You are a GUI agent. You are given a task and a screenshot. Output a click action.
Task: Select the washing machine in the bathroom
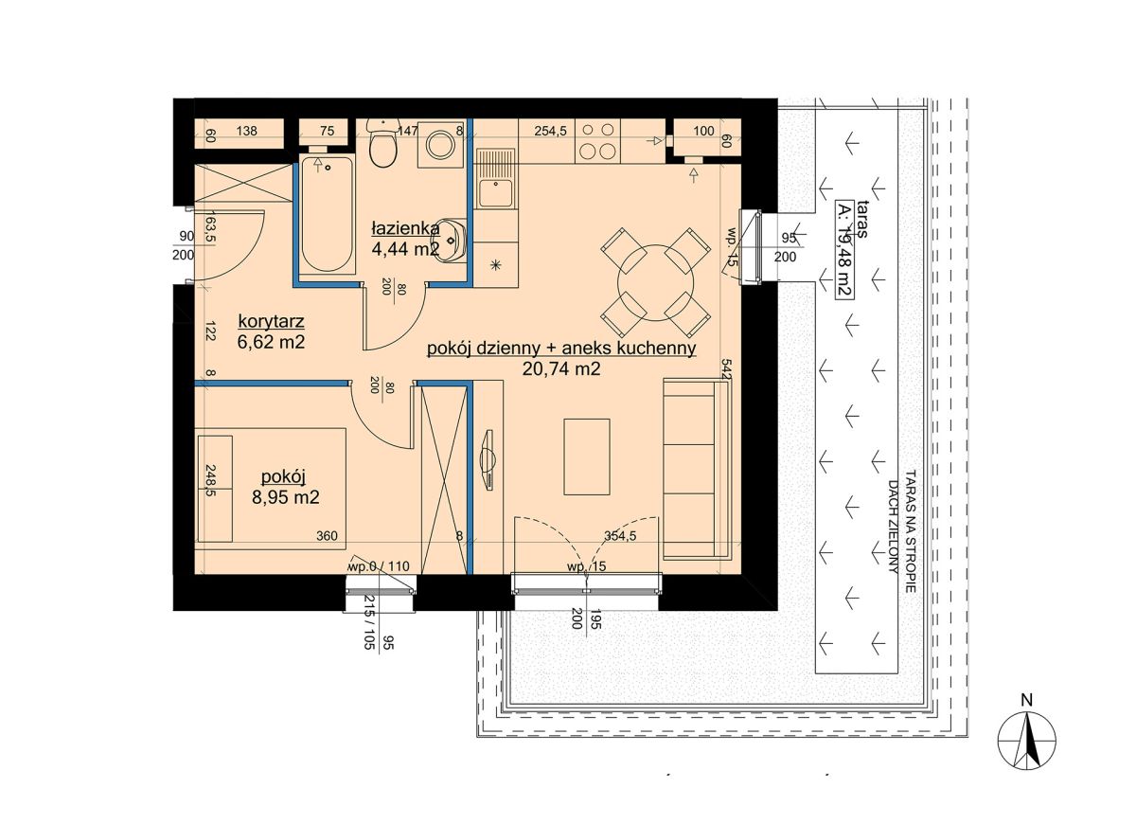pyautogui.click(x=441, y=145)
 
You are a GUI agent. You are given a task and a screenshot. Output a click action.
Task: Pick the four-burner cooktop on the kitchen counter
pyautogui.click(x=597, y=141)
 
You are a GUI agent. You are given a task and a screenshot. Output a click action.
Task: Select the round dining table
pyautogui.click(x=655, y=282)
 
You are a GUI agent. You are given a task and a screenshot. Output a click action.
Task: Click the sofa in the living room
pyautogui.click(x=698, y=471)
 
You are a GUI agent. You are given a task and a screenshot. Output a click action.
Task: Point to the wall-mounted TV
pyautogui.click(x=488, y=460)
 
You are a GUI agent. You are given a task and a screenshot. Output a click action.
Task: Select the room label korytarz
pyautogui.click(x=271, y=321)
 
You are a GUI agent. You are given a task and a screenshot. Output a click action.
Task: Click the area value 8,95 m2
pyautogui.click(x=286, y=496)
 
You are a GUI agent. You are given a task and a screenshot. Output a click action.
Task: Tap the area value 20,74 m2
pyautogui.click(x=561, y=368)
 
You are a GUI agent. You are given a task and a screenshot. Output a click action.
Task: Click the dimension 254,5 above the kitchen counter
pyautogui.click(x=550, y=131)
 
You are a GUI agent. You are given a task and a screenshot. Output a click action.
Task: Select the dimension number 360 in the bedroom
pyautogui.click(x=327, y=535)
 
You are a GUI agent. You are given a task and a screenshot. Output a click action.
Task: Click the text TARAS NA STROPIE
pyautogui.click(x=911, y=531)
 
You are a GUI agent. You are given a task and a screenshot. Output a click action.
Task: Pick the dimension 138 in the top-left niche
pyautogui.click(x=246, y=131)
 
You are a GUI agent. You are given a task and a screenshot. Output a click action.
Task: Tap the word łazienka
pyautogui.click(x=405, y=228)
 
